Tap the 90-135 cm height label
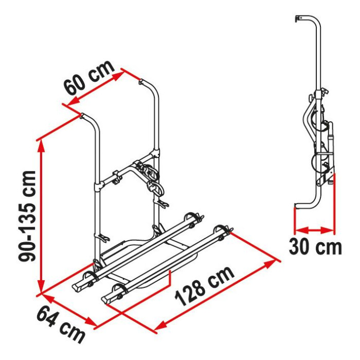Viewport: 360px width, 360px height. (x=27, y=216)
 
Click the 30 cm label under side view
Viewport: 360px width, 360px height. (x=315, y=246)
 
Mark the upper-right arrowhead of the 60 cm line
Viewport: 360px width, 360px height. (x=118, y=75)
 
